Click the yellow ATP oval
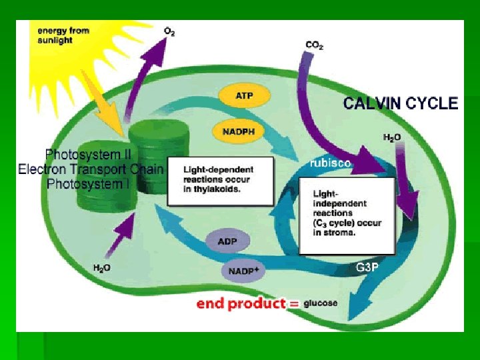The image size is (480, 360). tap(244, 95)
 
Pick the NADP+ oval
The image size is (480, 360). tap(242, 271)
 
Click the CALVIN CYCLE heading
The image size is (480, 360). tap(400, 103)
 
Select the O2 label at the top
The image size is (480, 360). tap(169, 31)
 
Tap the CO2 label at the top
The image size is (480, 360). tap(315, 45)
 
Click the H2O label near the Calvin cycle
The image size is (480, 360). tap(392, 137)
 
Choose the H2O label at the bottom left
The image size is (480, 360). tap(102, 268)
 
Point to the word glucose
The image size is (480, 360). tap(320, 303)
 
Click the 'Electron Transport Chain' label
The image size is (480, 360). tap(89, 169)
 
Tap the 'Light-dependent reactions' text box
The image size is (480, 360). tap(220, 180)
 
